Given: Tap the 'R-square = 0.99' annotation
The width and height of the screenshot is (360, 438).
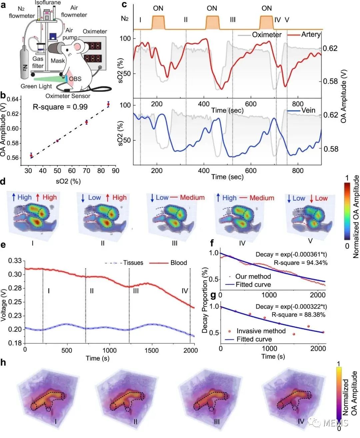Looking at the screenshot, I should coord(60,107).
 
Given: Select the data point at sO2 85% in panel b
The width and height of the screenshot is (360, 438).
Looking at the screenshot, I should coord(108,105).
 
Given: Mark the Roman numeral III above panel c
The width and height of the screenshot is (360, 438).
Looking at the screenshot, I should coord(233,20).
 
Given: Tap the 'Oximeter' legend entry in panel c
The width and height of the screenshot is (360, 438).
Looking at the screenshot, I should coord(266,35).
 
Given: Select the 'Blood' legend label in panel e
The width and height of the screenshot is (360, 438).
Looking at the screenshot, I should coord(179,263).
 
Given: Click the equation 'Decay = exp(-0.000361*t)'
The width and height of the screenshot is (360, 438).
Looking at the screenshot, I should coord(291,254).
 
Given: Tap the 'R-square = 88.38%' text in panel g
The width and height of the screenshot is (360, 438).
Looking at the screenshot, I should coord(298,315).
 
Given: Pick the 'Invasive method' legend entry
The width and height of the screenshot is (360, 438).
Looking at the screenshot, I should coord(261,331).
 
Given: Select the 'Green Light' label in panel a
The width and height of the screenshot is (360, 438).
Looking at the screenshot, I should coord(36,86).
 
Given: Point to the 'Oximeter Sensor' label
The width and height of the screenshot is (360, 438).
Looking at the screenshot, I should coord(68,96).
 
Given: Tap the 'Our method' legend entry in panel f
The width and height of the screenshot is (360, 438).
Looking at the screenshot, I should coord(253,276).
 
